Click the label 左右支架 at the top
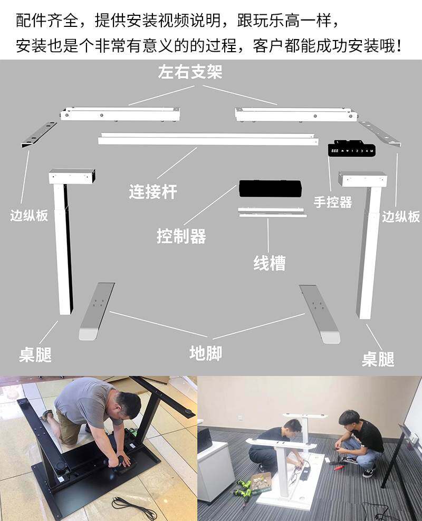[x=190, y=72]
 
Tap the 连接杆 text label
[x=153, y=191]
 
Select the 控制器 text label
[x=181, y=236]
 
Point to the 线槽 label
[x=270, y=263]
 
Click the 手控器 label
[x=333, y=202]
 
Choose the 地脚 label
[x=205, y=353]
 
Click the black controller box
[x=270, y=188]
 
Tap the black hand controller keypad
[x=351, y=149]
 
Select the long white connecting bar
[x=208, y=139]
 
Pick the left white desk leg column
[x=63, y=248]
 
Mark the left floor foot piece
[x=97, y=311]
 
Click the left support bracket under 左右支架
[x=120, y=113]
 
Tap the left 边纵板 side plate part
[x=40, y=134]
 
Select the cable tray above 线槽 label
[x=271, y=212]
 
